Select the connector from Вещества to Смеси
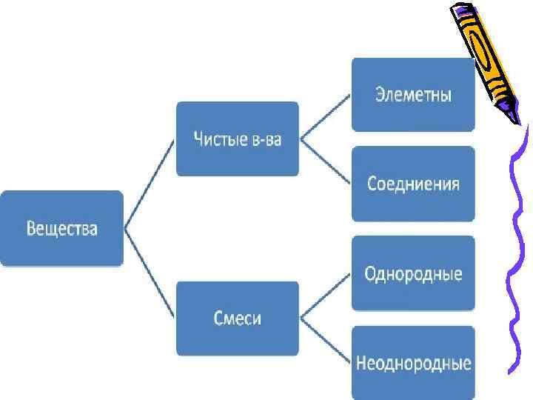pyautogui.click(x=150, y=274)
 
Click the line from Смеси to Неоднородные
pyautogui.click(x=326, y=341)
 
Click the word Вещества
pyautogui.click(x=61, y=227)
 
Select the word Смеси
pyautogui.click(x=237, y=319)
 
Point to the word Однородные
pyautogui.click(x=413, y=274)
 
